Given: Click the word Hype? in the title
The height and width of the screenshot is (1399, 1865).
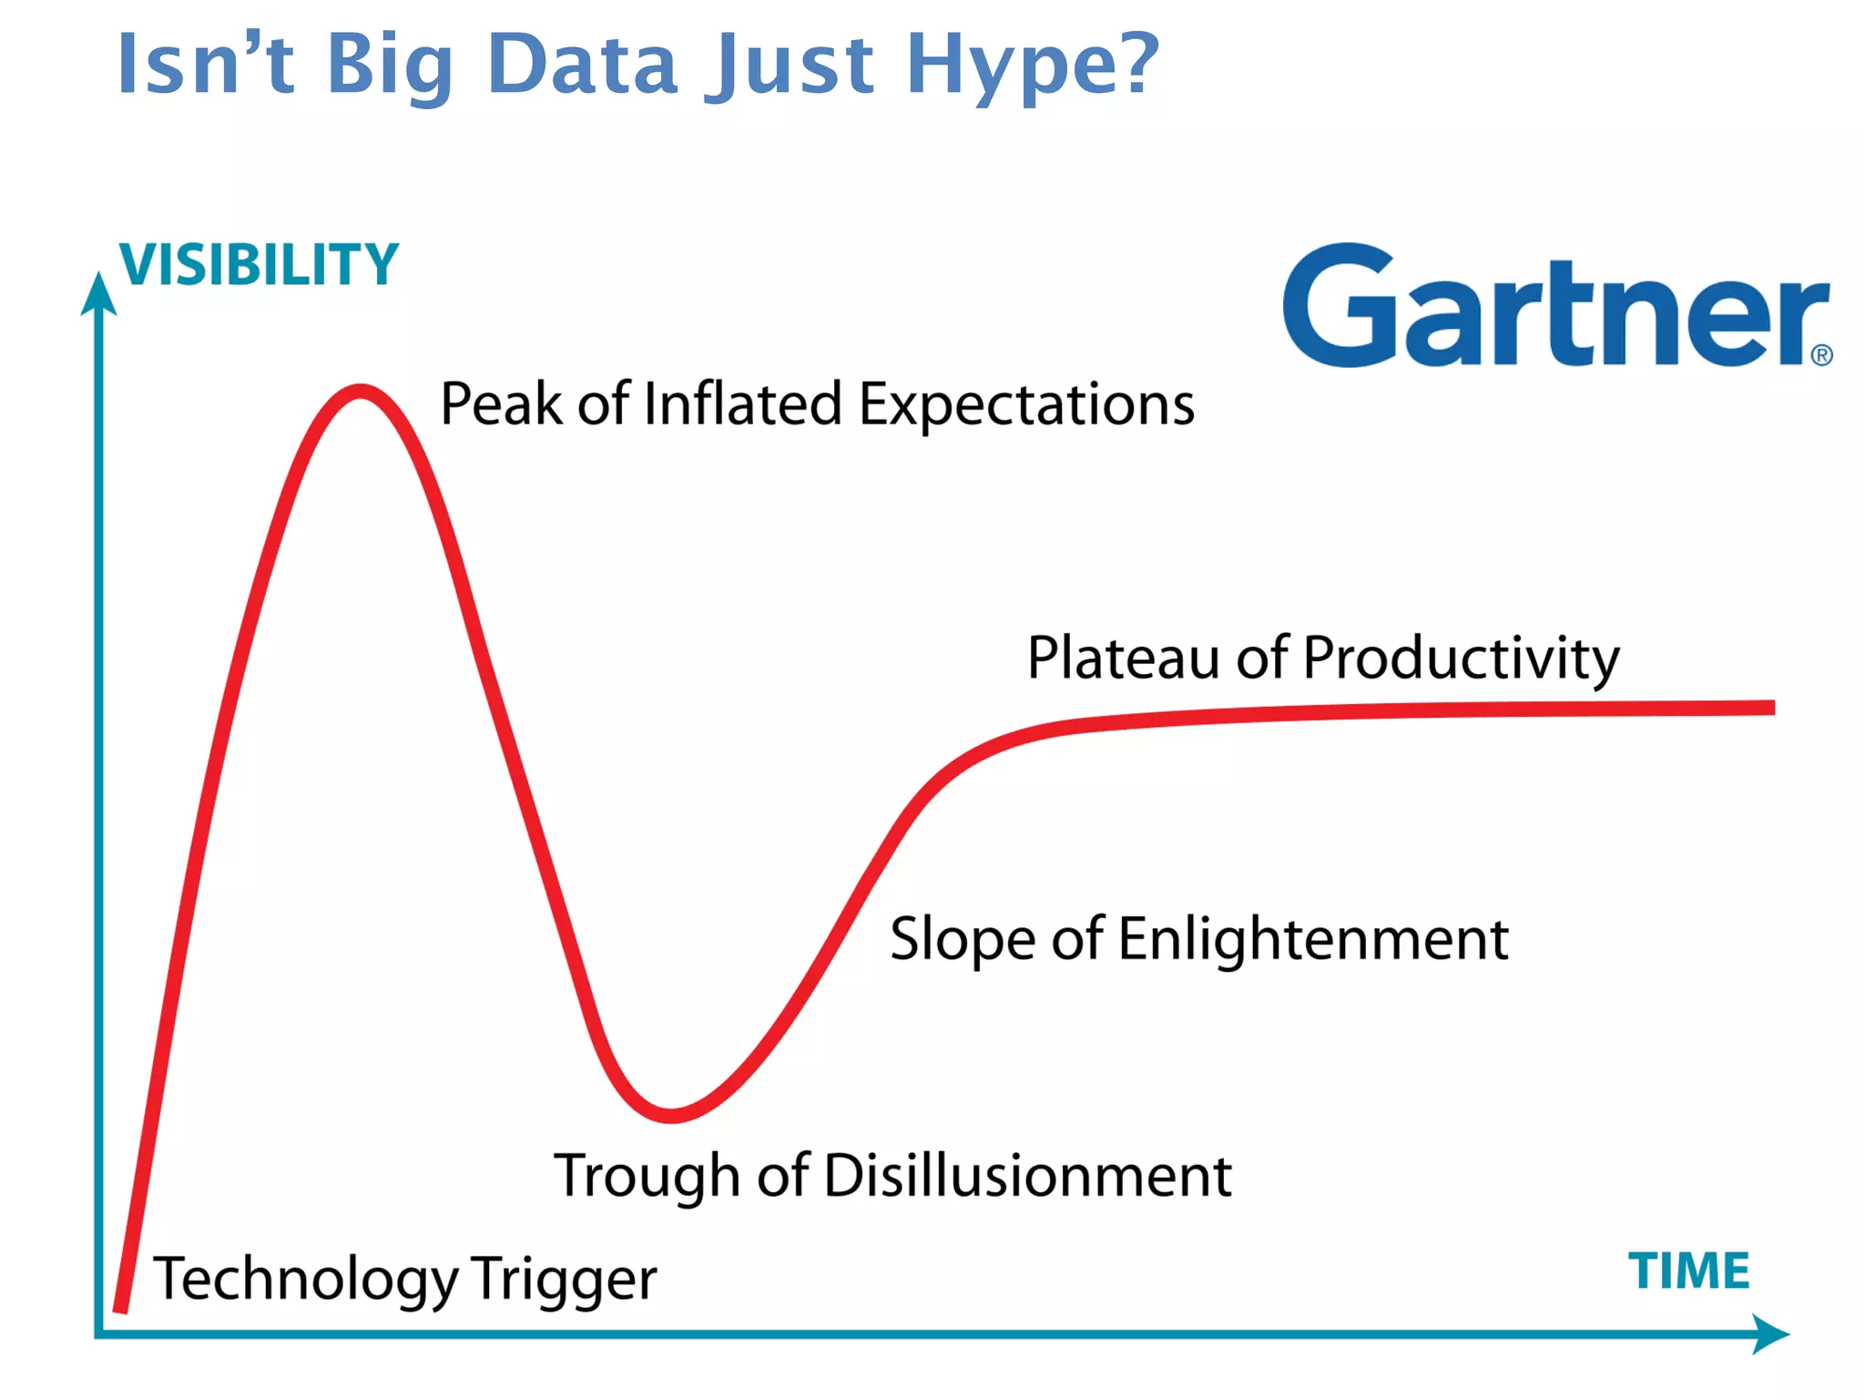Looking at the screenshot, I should (1032, 66).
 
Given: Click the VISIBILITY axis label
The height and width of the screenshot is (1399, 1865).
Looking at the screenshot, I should (260, 265).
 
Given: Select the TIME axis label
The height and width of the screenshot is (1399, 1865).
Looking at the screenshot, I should (1688, 1271).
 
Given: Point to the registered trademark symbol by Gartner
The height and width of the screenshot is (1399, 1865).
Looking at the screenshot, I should (1821, 355).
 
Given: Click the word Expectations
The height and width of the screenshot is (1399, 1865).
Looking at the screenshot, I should (1026, 405).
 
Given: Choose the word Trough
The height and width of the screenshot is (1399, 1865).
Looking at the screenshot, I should (647, 1177).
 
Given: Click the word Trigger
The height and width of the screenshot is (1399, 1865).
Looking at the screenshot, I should (564, 1280).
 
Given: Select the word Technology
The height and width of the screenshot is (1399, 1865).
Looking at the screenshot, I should (306, 1280).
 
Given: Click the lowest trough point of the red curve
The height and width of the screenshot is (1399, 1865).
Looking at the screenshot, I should (671, 1115).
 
